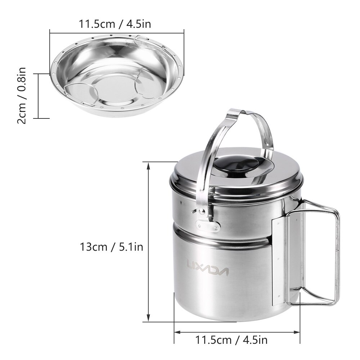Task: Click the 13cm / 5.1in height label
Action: point(112,247)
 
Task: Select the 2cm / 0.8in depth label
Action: point(22,96)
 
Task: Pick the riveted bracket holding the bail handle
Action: point(207,225)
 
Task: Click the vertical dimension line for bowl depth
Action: point(39,96)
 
